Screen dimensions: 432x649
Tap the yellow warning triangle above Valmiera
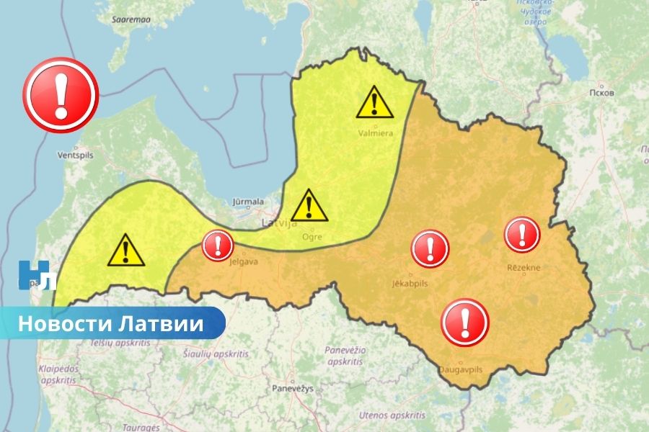pyautogui.click(x=374, y=103)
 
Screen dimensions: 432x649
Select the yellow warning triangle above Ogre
pyautogui.click(x=309, y=206)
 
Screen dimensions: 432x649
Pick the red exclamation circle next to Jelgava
pyautogui.click(x=217, y=246)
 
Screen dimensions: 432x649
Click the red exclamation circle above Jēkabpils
pyautogui.click(x=431, y=248)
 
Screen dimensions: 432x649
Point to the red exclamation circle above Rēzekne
pyautogui.click(x=522, y=234)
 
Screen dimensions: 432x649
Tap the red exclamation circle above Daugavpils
pyautogui.click(x=465, y=322)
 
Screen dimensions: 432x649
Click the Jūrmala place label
pyautogui.click(x=248, y=202)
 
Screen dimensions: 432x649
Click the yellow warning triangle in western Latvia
pyautogui.click(x=125, y=251)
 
